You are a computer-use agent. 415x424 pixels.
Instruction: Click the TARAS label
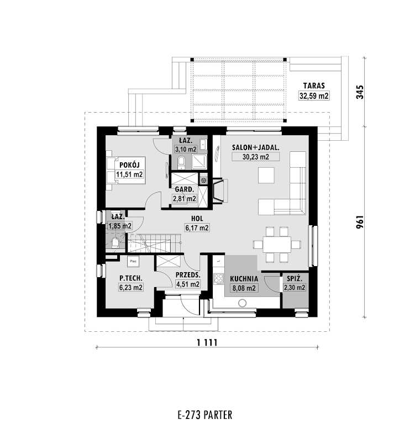point(314,86)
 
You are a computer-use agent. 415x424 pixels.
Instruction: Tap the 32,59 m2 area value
point(314,96)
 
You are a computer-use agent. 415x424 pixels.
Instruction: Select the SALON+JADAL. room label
point(255,147)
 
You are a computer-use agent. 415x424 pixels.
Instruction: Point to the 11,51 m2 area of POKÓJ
point(129,174)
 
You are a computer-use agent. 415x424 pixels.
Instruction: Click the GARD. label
point(185,189)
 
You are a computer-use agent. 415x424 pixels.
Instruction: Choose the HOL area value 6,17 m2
point(197,228)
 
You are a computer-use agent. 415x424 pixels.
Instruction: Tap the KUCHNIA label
point(244,278)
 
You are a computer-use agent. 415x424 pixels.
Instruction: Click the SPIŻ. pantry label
point(295,278)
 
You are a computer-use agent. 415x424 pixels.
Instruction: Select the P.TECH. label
point(131,278)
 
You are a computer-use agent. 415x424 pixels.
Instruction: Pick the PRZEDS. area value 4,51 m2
point(188,284)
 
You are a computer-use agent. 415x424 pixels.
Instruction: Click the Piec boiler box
point(133,261)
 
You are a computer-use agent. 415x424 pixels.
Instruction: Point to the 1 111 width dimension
point(207,343)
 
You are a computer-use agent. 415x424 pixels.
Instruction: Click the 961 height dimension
point(360,222)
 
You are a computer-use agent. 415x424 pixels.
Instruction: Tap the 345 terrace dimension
point(360,92)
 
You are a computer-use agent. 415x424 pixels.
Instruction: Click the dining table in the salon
point(277,245)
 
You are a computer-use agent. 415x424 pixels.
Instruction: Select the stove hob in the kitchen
point(218,279)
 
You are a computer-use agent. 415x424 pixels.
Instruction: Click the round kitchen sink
point(242,303)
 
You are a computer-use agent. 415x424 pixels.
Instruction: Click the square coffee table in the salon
point(266,175)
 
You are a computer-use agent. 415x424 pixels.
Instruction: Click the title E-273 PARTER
point(205,415)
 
